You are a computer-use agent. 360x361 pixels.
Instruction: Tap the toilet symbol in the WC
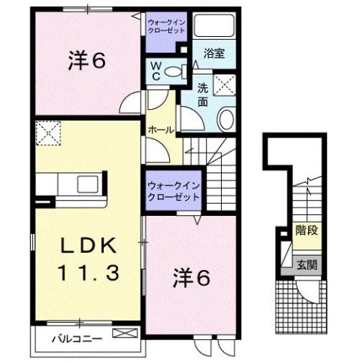tap(174, 72)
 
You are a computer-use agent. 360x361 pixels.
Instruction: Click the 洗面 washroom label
tap(203, 94)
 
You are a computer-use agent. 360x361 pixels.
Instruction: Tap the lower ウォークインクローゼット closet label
tap(174, 189)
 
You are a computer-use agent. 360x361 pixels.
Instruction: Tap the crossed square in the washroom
tap(224, 84)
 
